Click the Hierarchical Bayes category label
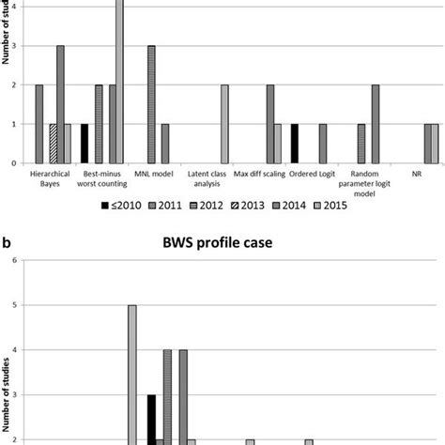click(53, 178)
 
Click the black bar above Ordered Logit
click(296, 143)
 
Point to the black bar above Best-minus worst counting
click(84, 143)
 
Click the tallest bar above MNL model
click(151, 103)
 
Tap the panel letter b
click(8, 240)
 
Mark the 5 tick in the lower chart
click(12, 305)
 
